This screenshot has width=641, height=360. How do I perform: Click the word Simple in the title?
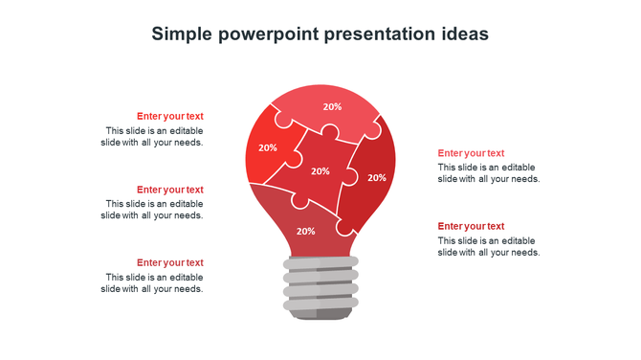tap(182, 34)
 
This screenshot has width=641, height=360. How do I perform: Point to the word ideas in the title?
tap(464, 34)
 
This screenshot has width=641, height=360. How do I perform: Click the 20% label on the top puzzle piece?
tap(332, 107)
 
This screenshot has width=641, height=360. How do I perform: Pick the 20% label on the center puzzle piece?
tap(320, 171)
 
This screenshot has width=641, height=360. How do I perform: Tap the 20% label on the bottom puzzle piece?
tap(305, 231)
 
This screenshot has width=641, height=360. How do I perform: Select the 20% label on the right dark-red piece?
tap(377, 177)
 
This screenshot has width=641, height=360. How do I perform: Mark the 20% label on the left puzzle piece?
tap(268, 147)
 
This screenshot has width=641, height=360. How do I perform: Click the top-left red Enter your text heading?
tap(169, 117)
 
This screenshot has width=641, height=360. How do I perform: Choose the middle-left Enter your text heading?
tap(169, 190)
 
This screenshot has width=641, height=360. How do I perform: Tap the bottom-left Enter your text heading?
tap(169, 262)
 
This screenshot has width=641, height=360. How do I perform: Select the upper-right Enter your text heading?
tap(471, 153)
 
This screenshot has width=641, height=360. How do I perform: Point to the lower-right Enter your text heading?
tap(471, 226)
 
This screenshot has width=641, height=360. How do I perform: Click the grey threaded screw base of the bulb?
tap(320, 282)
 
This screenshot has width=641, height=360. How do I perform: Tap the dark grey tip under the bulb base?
tap(320, 314)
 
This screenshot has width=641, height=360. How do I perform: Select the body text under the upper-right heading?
tap(489, 173)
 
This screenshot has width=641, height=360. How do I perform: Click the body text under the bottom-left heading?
tap(153, 282)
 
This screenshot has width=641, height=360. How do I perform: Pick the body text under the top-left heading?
tap(153, 137)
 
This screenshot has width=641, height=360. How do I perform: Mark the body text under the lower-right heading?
tap(489, 247)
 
